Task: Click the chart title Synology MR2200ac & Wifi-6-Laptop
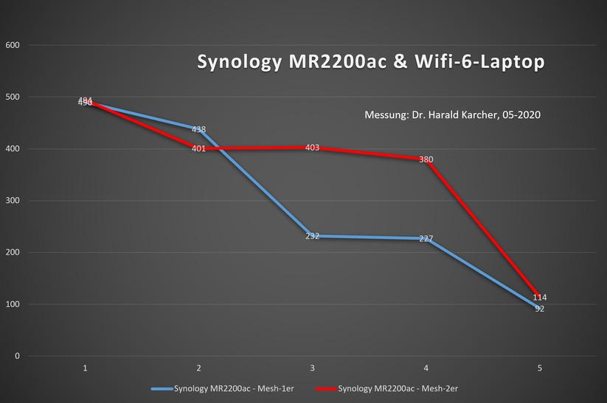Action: pyautogui.click(x=371, y=63)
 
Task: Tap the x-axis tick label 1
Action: pyautogui.click(x=86, y=368)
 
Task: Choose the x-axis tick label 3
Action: pyautogui.click(x=312, y=368)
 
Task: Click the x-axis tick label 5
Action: pyautogui.click(x=539, y=368)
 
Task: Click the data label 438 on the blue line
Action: pyautogui.click(x=198, y=130)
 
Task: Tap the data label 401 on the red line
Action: pyautogui.click(x=198, y=148)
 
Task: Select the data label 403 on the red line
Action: pyautogui.click(x=312, y=148)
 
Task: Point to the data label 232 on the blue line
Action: pyautogui.click(x=312, y=236)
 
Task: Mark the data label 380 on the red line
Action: pyautogui.click(x=426, y=159)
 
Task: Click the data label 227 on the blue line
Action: pyautogui.click(x=426, y=239)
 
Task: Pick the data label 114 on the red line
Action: pyautogui.click(x=539, y=297)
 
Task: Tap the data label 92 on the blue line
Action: pyautogui.click(x=539, y=309)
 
